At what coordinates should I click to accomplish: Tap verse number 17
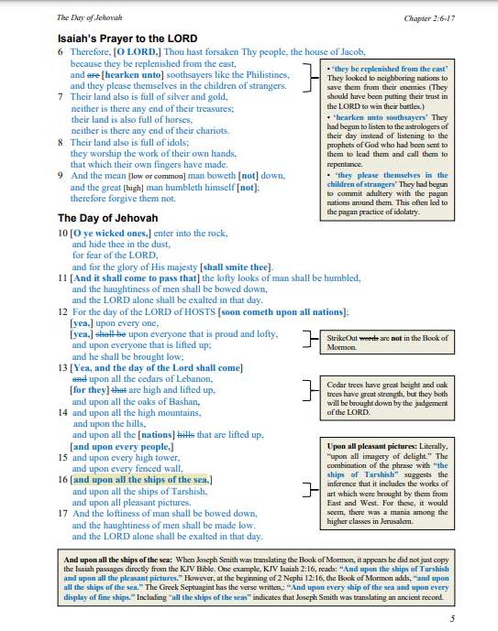[x=62, y=514]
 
